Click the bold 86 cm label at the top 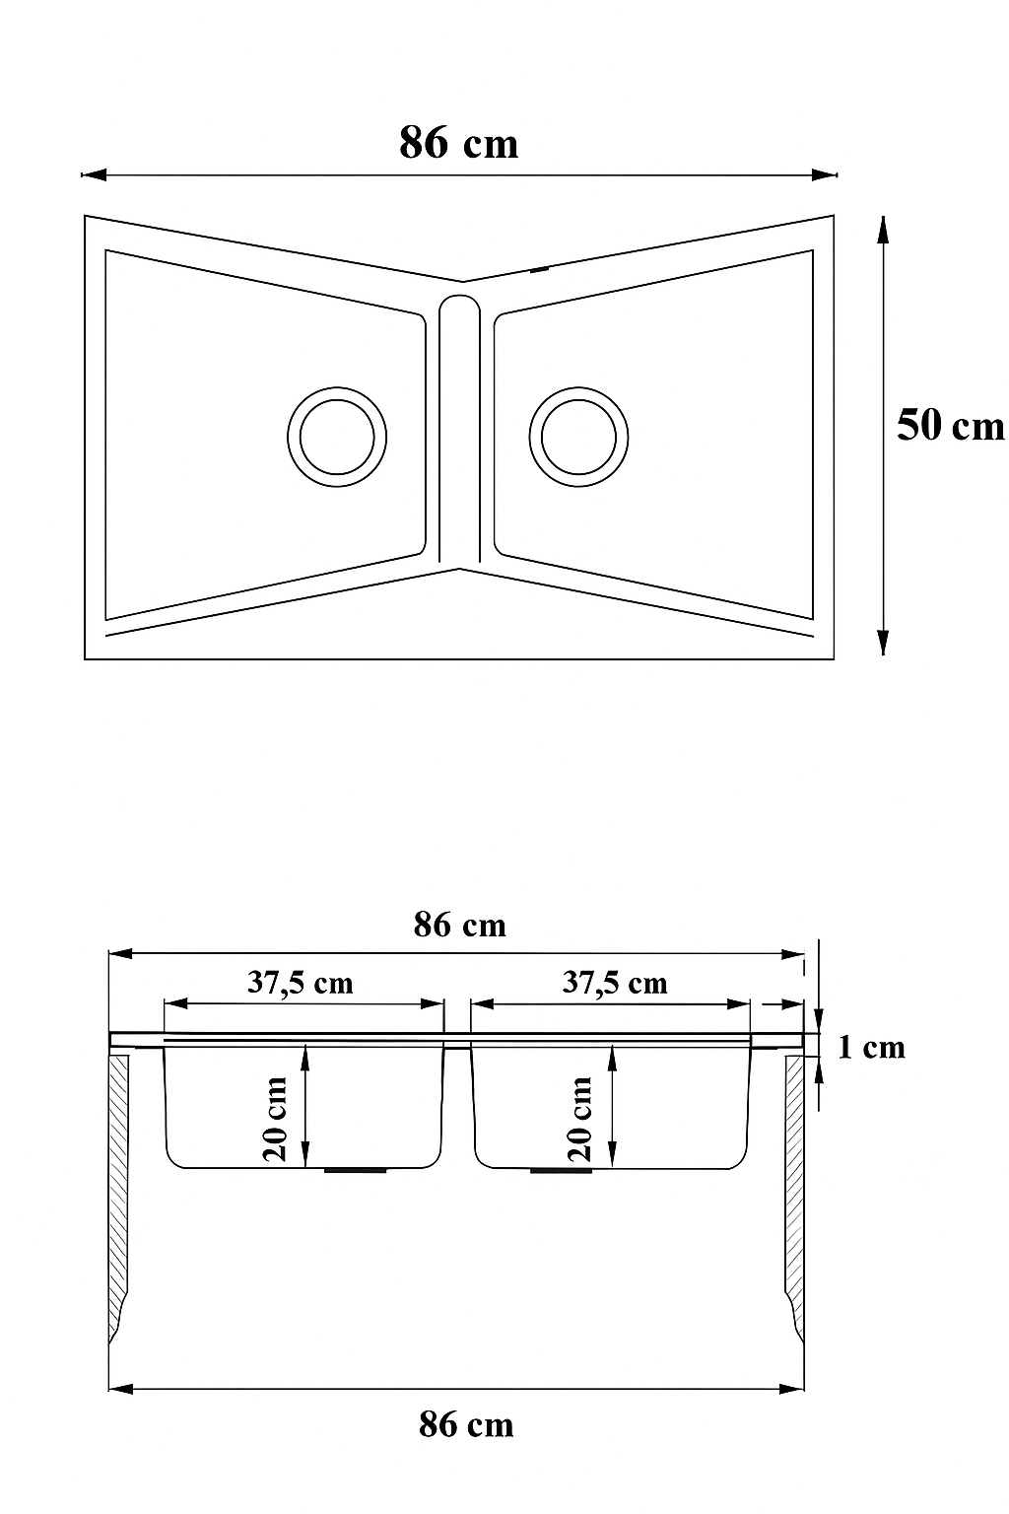458,143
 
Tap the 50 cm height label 950,426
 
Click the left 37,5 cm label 301,983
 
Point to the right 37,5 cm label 615,983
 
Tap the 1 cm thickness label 871,1047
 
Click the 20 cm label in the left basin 275,1119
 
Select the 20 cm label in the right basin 580,1119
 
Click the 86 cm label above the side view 459,925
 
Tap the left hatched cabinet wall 118,1198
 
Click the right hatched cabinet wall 794,1198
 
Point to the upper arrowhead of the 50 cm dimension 883,230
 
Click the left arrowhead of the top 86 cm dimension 94,175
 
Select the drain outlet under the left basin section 356,1169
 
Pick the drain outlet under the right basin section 561,1169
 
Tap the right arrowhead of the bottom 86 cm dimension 791,1390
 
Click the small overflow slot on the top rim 539,270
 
